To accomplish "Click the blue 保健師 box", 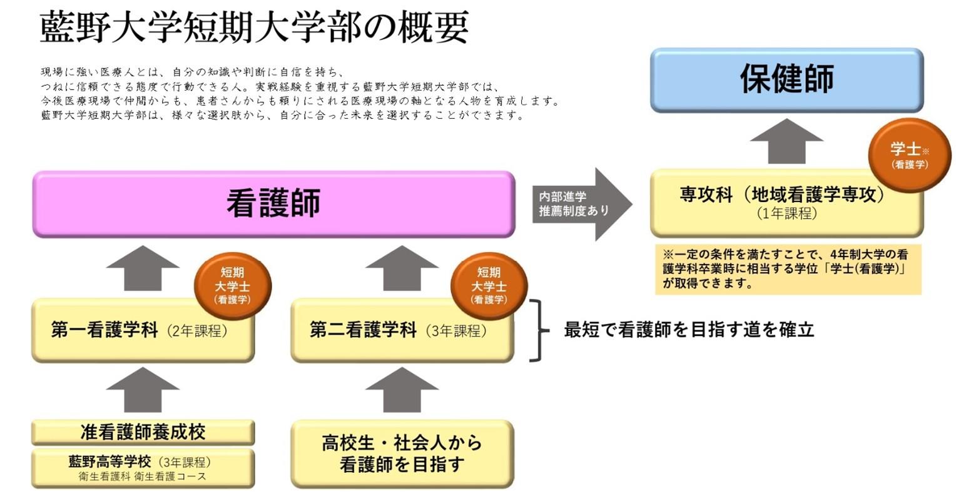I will point(786,80).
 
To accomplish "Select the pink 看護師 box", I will point(273,204).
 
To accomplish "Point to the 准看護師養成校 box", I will point(143,432).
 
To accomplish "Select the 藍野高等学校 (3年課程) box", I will point(143,468).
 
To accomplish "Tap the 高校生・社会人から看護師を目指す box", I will point(402,454).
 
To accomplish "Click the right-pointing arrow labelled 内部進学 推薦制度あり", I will point(582,204).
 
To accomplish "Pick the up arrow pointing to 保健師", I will point(786,141).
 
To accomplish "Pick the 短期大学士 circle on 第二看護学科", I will point(489,286).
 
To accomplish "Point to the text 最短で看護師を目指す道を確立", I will point(689,330).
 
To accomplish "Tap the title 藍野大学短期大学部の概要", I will point(254,28).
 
